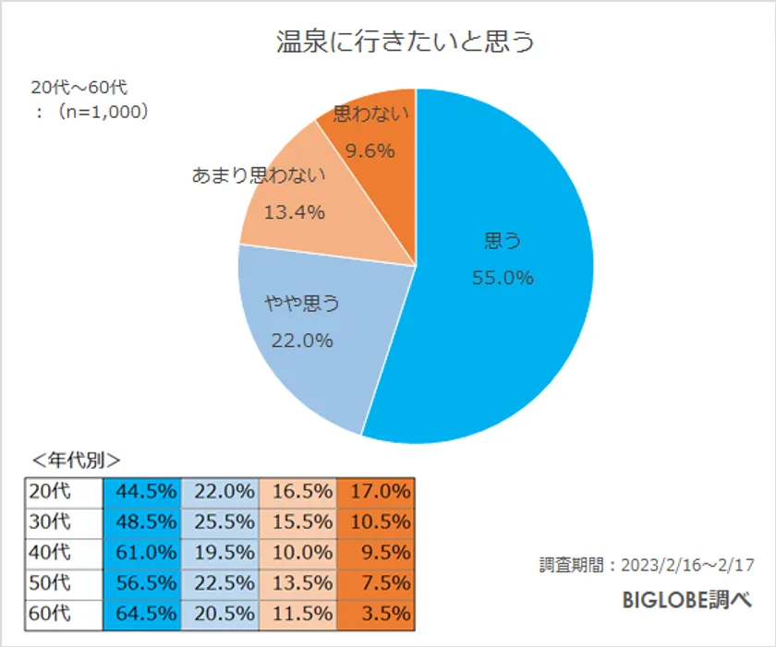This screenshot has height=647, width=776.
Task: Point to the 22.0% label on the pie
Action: pos(301,341)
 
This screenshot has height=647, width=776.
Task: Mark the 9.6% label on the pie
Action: pos(370,150)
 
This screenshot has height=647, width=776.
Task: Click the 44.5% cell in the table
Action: pos(142,493)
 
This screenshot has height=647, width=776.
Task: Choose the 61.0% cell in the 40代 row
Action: pos(142,554)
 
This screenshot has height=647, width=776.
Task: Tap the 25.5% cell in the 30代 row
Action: pos(221,523)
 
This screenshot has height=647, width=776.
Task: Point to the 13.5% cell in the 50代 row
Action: pos(298,584)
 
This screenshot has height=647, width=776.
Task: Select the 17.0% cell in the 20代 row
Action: pos(376,493)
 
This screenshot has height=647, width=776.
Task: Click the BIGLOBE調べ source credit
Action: pos(685,600)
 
